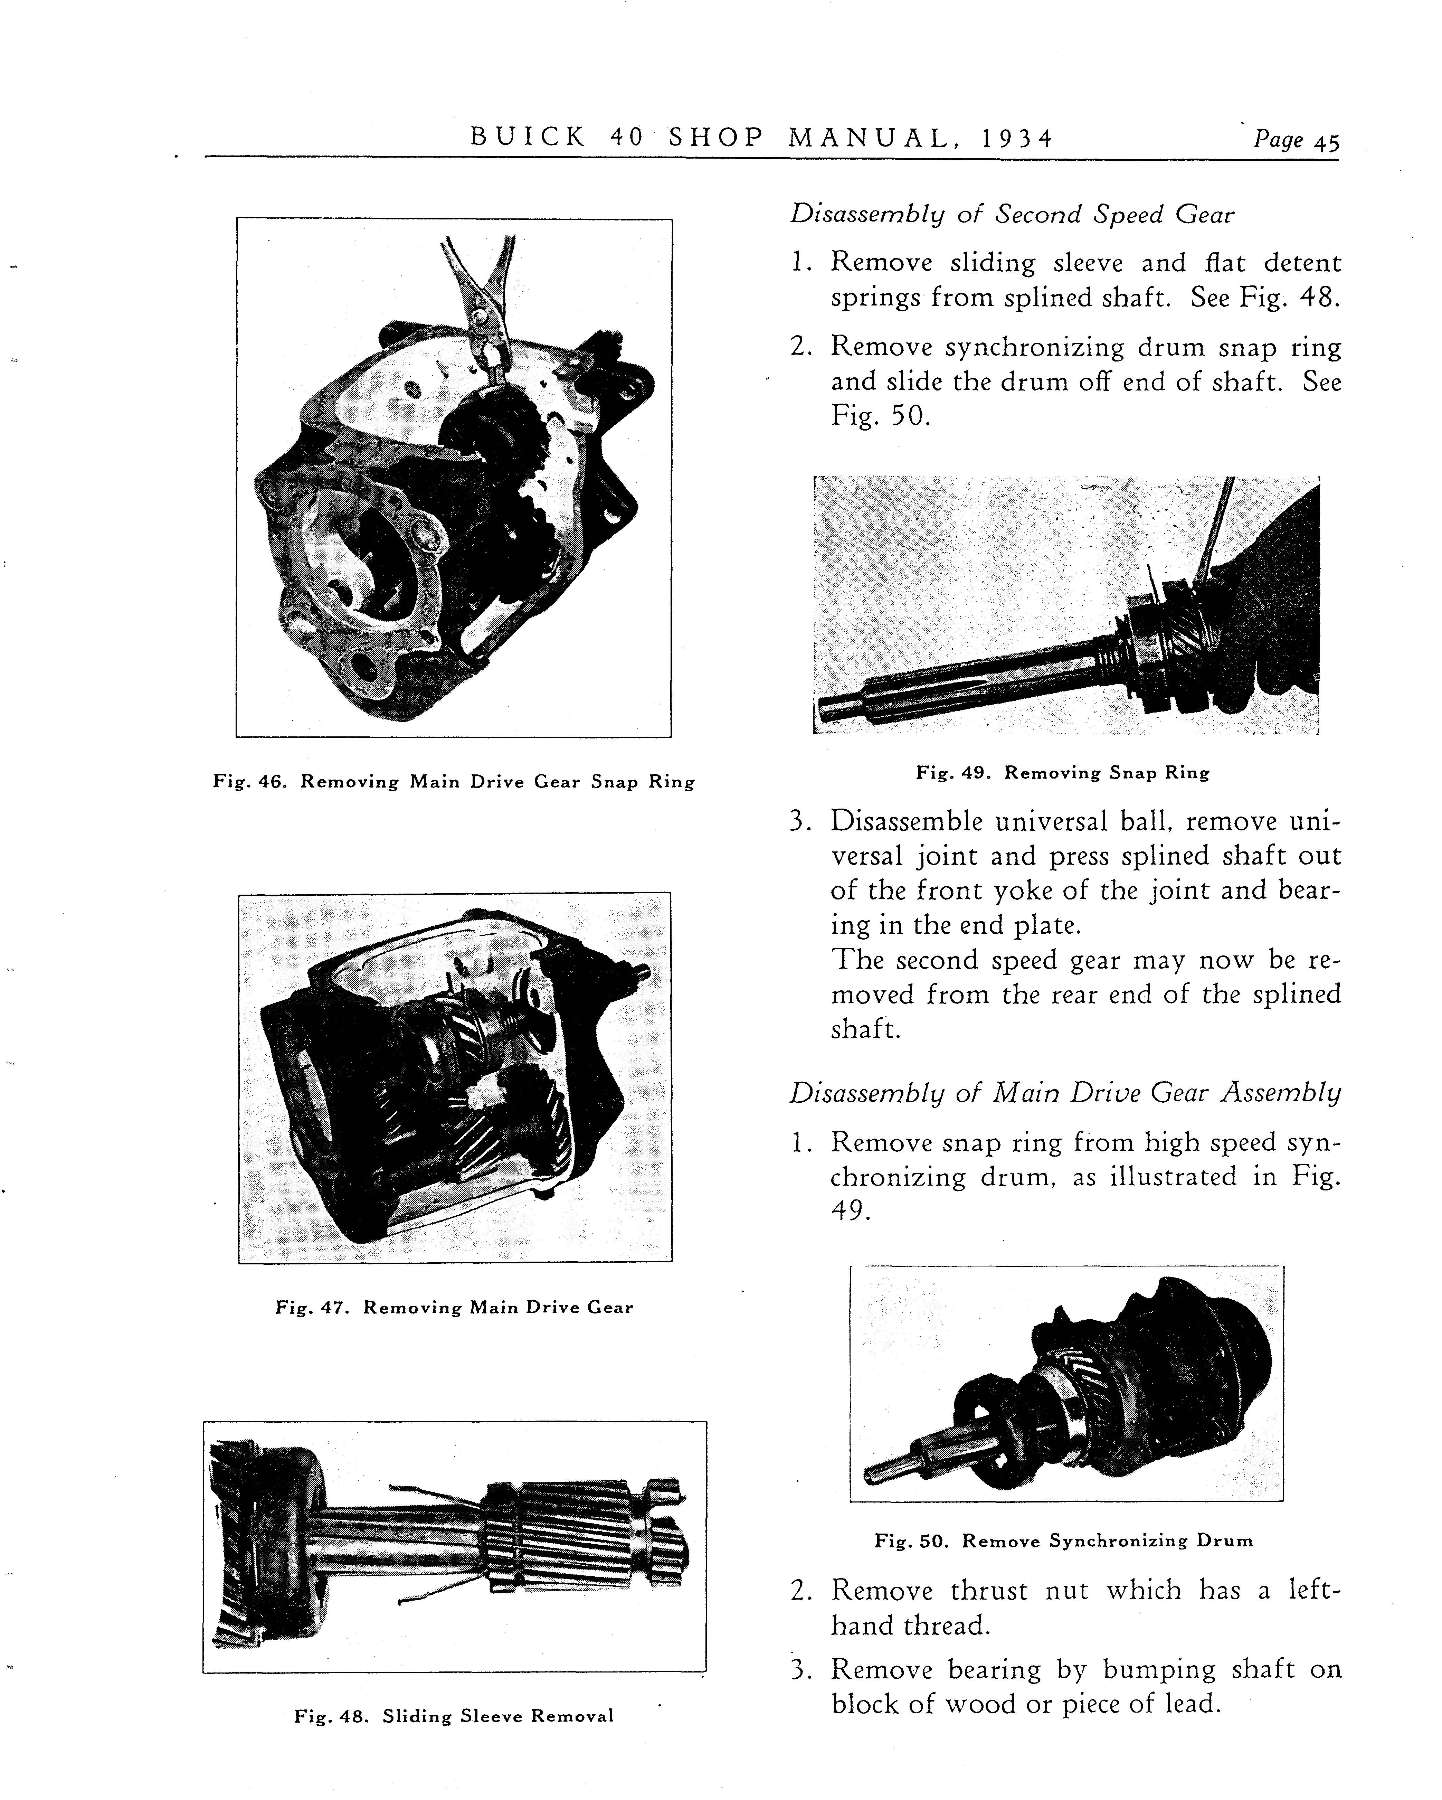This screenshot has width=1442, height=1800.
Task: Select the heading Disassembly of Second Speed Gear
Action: click(1012, 215)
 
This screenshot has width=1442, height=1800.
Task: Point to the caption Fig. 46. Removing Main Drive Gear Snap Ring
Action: click(454, 782)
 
